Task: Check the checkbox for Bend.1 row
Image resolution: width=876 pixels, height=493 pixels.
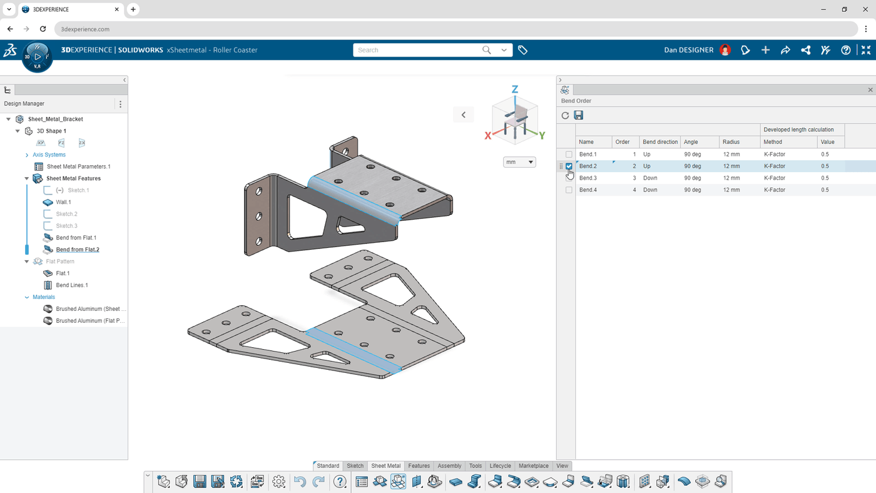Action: pyautogui.click(x=569, y=155)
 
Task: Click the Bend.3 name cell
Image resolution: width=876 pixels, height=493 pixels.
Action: pyautogui.click(x=588, y=178)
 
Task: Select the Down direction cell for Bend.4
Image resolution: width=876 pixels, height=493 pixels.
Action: pyautogui.click(x=650, y=190)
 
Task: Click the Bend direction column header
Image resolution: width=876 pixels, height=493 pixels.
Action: pyautogui.click(x=660, y=142)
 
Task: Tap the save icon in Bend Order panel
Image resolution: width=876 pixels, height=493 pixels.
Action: pyautogui.click(x=579, y=115)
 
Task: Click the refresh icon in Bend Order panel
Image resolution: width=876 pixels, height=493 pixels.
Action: pyautogui.click(x=565, y=115)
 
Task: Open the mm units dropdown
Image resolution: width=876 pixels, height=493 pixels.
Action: pyautogui.click(x=519, y=162)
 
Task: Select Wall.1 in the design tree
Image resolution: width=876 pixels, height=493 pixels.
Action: pyautogui.click(x=63, y=202)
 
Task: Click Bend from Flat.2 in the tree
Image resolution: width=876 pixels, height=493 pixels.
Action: pyautogui.click(x=78, y=250)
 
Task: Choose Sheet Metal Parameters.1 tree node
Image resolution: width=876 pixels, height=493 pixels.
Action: pyautogui.click(x=78, y=166)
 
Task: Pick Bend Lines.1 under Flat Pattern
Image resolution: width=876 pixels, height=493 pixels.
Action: pyautogui.click(x=72, y=285)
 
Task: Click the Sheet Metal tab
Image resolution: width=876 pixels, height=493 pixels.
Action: pyautogui.click(x=385, y=466)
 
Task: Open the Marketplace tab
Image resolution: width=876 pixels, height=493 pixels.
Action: pyautogui.click(x=533, y=466)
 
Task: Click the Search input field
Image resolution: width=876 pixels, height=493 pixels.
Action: pyautogui.click(x=416, y=50)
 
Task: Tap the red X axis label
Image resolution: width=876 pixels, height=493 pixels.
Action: pyautogui.click(x=488, y=136)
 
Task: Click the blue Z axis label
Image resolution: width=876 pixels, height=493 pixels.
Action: pyautogui.click(x=515, y=89)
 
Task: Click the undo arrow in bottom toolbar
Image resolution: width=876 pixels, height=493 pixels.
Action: pyautogui.click(x=300, y=481)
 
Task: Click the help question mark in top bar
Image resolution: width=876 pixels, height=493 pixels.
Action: pyautogui.click(x=845, y=50)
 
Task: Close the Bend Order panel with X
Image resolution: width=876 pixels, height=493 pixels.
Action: pyautogui.click(x=870, y=90)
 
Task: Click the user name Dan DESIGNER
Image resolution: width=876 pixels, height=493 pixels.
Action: pyautogui.click(x=688, y=50)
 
